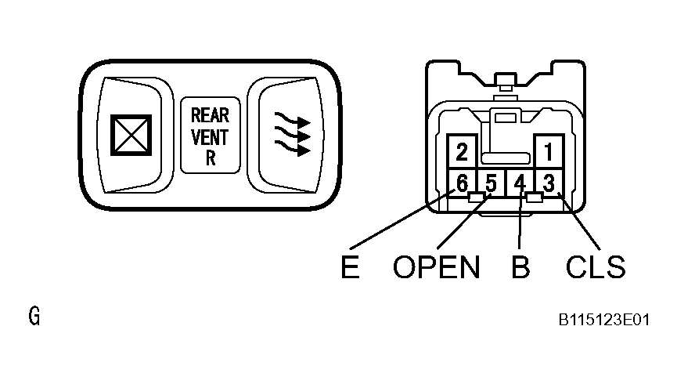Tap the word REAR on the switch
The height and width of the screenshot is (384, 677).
[210, 116]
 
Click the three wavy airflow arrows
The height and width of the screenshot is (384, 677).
[290, 134]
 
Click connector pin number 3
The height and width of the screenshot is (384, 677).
[549, 184]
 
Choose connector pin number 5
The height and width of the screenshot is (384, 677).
[491, 184]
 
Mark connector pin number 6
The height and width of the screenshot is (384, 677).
[462, 184]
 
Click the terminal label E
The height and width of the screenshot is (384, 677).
[350, 268]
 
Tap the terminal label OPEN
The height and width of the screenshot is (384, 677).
[436, 268]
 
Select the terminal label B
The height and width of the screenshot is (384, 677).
[520, 268]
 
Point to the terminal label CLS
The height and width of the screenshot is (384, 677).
[596, 268]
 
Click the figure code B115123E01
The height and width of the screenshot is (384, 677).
[603, 321]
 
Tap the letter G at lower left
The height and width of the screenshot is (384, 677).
[34, 317]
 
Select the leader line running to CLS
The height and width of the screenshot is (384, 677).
[583, 227]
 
